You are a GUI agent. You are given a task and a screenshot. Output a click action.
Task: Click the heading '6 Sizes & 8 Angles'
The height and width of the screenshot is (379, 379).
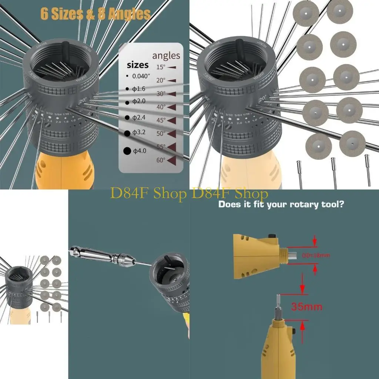point(95,14)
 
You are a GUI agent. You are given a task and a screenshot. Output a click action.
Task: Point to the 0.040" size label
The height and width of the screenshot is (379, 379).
point(138,76)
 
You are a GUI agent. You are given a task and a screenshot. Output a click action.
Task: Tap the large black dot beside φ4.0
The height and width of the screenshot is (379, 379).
point(127,151)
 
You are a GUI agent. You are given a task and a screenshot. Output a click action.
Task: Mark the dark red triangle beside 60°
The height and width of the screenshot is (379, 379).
point(171,160)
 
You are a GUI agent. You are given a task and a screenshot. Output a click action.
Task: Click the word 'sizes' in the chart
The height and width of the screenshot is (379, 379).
point(138,65)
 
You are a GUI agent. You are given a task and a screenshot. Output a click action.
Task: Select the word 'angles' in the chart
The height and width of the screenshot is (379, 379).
point(166,56)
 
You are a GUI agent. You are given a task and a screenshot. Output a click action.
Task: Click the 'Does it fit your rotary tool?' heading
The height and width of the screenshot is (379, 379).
point(281,204)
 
